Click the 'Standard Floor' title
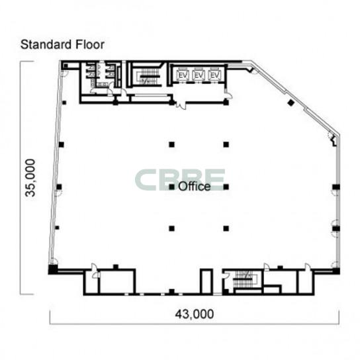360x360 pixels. point(62,44)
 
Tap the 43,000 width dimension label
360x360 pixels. point(195,314)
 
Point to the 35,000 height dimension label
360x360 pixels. point(30,178)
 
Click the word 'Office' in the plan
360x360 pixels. point(195,186)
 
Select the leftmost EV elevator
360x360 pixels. point(183,75)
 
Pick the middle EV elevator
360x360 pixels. point(199,75)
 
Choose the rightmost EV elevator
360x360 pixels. point(215,75)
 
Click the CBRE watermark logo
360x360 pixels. point(180,180)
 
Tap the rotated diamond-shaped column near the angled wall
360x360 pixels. point(291,103)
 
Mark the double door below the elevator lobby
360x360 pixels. point(181,105)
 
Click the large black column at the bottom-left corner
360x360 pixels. point(52,269)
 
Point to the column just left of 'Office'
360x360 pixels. point(172,187)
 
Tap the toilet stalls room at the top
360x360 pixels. point(102,75)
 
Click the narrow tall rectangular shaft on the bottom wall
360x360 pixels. point(206,281)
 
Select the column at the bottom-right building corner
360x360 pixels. point(336,271)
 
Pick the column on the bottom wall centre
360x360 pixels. point(172,292)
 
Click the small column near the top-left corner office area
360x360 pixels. point(64,103)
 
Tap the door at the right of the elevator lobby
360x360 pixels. point(229,95)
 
